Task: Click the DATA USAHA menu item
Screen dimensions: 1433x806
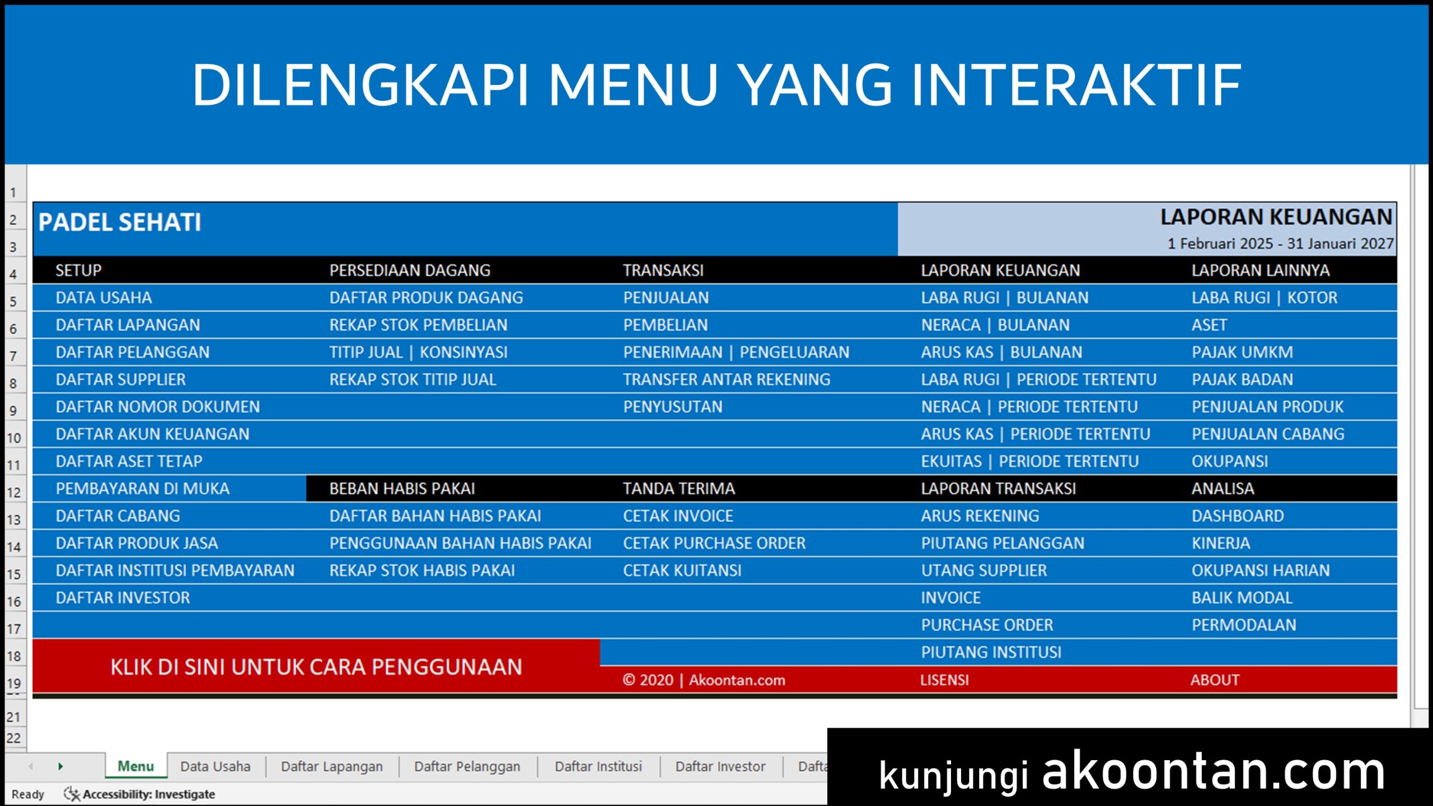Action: click(x=104, y=298)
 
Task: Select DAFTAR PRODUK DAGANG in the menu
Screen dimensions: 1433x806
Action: click(x=426, y=298)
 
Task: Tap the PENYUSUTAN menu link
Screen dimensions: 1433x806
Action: click(x=673, y=407)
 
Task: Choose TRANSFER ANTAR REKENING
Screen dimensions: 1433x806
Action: click(x=727, y=379)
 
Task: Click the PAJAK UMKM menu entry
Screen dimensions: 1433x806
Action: click(x=1242, y=352)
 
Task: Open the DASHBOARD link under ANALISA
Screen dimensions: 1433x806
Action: click(x=1238, y=516)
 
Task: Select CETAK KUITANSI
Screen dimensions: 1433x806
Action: click(x=682, y=570)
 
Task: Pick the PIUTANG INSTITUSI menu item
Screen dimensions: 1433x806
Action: click(x=991, y=653)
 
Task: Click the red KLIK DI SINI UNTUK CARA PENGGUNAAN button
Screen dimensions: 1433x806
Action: click(x=316, y=667)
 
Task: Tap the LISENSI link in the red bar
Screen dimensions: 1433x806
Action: click(x=944, y=680)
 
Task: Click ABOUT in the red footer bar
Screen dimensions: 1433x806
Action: click(x=1215, y=680)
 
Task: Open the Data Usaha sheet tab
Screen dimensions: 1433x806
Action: click(x=216, y=766)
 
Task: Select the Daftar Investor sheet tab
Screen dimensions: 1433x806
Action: click(x=720, y=766)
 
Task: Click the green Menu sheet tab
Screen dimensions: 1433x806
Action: click(x=135, y=766)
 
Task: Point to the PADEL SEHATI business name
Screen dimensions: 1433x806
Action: click(x=119, y=222)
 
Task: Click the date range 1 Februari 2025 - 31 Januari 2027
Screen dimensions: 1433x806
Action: click(x=1280, y=243)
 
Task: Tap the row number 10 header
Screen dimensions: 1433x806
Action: click(x=14, y=438)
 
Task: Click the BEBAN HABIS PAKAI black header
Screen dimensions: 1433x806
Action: click(x=402, y=489)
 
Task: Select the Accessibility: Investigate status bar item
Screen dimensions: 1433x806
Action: click(x=139, y=794)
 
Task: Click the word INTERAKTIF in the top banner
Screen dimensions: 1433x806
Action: click(x=1076, y=85)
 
